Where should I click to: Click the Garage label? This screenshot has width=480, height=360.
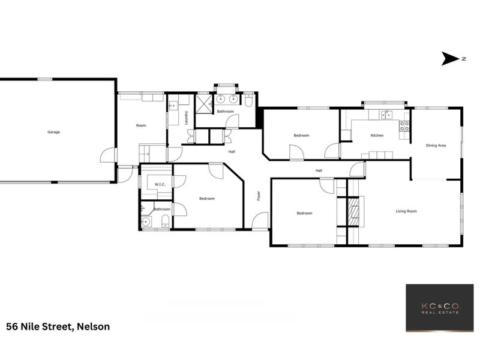click(x=54, y=132)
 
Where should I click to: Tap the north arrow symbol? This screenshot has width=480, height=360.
click(x=450, y=58)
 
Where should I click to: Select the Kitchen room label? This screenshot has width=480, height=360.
click(x=377, y=136)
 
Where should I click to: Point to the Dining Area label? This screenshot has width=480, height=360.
click(x=436, y=145)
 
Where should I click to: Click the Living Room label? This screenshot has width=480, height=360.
click(x=406, y=211)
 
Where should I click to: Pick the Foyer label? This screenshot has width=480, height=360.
click(x=259, y=196)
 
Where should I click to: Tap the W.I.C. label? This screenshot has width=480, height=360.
click(x=160, y=185)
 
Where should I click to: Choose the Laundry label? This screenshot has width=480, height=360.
click(x=187, y=118)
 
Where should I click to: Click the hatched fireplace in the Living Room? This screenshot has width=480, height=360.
click(x=354, y=211)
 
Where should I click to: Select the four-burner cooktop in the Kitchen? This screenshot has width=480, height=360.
click(x=405, y=126)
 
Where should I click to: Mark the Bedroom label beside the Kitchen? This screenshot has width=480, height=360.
click(x=301, y=136)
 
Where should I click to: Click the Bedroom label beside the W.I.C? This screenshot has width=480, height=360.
click(x=207, y=199)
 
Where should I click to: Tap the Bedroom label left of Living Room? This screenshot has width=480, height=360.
click(x=304, y=213)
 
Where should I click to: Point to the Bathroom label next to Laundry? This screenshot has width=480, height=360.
click(x=225, y=112)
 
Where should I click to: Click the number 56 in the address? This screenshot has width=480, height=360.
click(x=12, y=327)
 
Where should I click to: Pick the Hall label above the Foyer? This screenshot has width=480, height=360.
click(x=232, y=151)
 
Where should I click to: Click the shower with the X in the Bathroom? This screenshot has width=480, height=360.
click(x=205, y=102)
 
